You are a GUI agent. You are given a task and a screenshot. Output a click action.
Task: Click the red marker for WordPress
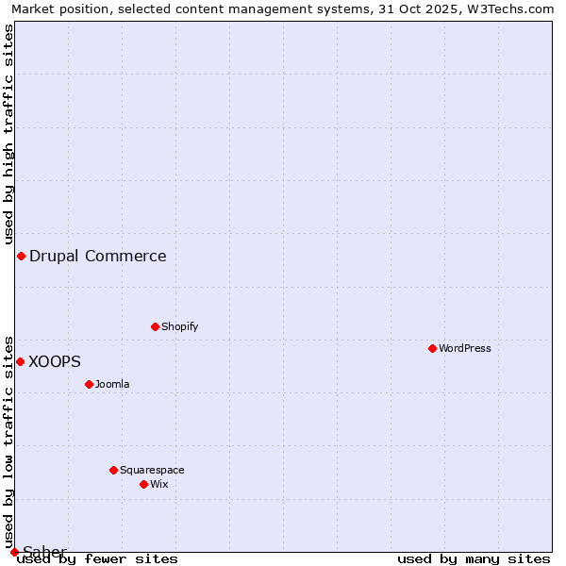point(433,348)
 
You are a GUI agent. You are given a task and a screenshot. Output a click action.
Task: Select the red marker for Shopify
point(156,326)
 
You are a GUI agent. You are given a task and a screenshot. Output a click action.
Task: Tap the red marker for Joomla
point(90,384)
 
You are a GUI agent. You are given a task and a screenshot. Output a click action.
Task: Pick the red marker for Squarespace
point(114,470)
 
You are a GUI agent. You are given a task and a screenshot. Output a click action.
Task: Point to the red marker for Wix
point(144,484)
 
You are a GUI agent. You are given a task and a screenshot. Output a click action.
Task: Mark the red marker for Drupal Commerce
point(21,256)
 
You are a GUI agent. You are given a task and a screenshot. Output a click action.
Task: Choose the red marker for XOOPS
point(20,361)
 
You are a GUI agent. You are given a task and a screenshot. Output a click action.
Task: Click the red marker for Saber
point(14,552)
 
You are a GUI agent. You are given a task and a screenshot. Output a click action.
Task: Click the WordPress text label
point(465,348)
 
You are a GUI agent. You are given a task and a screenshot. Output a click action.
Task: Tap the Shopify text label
point(179,326)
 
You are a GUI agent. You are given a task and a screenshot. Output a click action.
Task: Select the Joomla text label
point(112,384)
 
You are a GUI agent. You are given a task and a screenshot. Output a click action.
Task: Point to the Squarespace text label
point(152,470)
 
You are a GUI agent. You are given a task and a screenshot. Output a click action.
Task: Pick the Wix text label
point(158,484)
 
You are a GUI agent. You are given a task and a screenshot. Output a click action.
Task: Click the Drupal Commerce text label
point(98,256)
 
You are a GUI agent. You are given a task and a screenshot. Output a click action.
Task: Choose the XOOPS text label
point(55,361)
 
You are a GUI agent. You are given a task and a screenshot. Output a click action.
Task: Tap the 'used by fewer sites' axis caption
point(97,558)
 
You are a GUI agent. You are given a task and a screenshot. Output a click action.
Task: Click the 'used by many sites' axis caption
point(474,558)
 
